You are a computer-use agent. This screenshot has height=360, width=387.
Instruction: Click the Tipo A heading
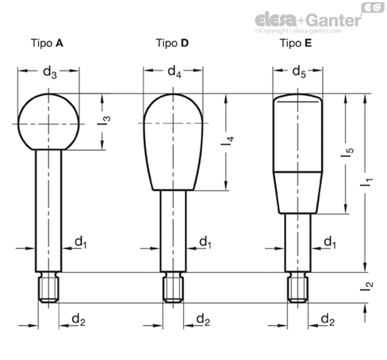(x=47, y=43)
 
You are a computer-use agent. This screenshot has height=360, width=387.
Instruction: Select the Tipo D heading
(x=172, y=43)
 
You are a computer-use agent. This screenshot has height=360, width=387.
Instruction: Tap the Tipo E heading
(x=296, y=43)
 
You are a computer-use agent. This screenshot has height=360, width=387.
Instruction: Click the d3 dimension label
(x=50, y=72)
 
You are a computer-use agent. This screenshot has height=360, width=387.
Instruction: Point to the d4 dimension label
(x=174, y=71)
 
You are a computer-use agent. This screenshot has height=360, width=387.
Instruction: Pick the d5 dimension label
(x=299, y=71)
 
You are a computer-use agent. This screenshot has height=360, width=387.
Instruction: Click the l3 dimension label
(x=104, y=121)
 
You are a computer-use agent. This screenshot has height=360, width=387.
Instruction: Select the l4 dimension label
(x=228, y=141)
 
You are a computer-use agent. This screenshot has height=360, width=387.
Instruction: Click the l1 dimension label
(x=366, y=182)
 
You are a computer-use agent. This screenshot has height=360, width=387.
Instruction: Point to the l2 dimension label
(x=366, y=286)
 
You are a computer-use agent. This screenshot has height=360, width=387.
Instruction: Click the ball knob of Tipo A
(x=48, y=122)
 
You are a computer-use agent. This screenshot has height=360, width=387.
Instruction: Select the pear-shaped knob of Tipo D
(x=173, y=142)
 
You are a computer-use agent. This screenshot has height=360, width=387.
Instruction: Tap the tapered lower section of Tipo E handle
(x=298, y=193)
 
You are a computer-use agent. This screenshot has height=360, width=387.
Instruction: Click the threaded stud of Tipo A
(x=48, y=287)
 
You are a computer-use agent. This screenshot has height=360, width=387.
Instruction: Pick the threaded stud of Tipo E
(x=298, y=287)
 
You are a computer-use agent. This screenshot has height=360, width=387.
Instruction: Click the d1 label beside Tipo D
(x=205, y=243)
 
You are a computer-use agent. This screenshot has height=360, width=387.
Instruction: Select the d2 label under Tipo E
(x=328, y=320)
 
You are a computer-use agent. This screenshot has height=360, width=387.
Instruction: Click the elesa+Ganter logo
(x=308, y=20)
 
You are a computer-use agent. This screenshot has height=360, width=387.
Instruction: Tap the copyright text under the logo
(x=298, y=31)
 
